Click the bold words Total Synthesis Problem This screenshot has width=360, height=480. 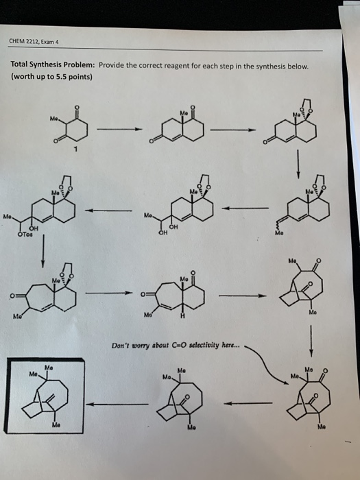[x=53, y=66]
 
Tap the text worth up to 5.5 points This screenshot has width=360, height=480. [x=51, y=76]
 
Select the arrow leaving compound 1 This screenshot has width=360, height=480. [x=118, y=130]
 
